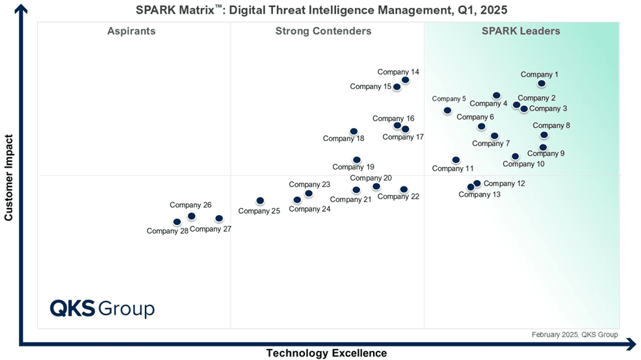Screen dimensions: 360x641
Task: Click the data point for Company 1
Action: [542, 84]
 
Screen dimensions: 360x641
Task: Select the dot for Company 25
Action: [260, 201]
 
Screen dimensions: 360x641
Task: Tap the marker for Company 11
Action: [456, 160]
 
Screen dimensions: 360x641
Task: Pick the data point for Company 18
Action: [354, 131]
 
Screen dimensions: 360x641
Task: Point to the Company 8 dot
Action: [544, 135]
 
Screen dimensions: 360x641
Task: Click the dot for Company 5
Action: [447, 110]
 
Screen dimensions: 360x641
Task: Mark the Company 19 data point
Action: [356, 159]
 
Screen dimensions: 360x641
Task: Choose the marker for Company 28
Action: [177, 222]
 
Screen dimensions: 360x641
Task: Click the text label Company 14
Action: [399, 72]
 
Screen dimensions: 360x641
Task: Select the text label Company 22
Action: [399, 197]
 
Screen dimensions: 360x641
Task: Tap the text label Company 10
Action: [523, 164]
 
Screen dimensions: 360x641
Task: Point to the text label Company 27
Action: [211, 229]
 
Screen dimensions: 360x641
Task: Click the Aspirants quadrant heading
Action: [131, 31]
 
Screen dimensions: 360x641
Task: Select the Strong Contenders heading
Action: [323, 31]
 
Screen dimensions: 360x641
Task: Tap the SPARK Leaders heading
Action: [521, 31]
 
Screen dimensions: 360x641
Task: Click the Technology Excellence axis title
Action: [326, 354]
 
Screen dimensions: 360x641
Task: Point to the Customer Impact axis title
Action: [9, 177]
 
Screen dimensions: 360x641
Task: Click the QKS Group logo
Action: [102, 307]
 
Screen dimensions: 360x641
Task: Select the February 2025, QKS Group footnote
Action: [575, 335]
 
